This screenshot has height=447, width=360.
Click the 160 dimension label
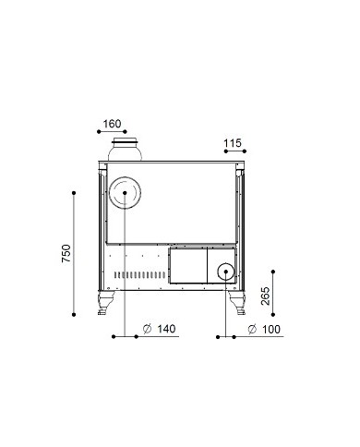tap(112, 124)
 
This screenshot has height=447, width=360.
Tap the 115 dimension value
tap(233, 143)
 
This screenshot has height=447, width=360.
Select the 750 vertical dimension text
tap(66, 253)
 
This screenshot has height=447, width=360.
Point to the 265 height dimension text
tap(265, 296)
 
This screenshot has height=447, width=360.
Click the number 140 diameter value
tap(166, 329)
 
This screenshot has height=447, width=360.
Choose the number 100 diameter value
tap(271, 330)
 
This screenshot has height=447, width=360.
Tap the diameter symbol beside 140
tap(147, 329)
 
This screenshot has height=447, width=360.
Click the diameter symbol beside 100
tap(252, 329)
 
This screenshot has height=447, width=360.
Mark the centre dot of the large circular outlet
tap(125, 193)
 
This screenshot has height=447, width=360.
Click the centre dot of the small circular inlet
tap(225, 272)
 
